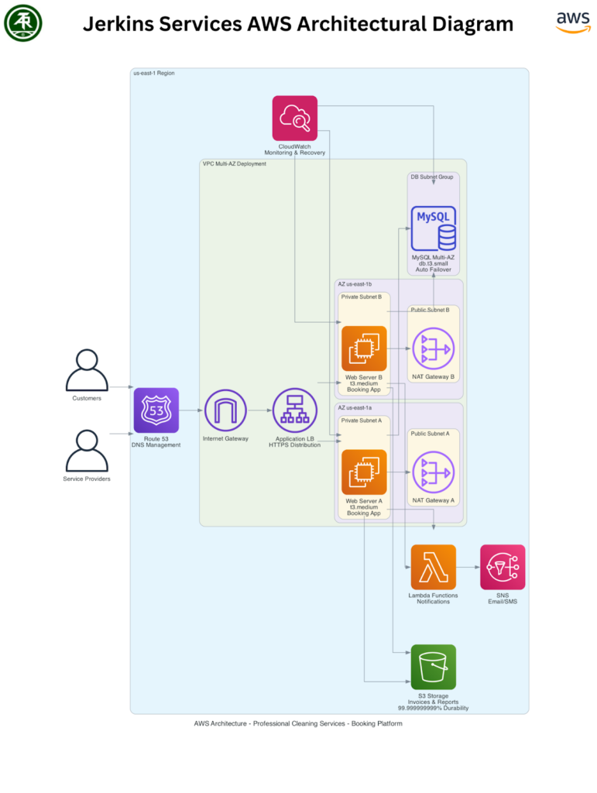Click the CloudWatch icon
tap(294, 118)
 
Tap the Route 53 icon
tap(156, 410)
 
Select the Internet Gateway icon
tap(225, 410)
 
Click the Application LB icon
tap(294, 410)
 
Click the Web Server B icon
tap(364, 348)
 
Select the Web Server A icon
tap(364, 472)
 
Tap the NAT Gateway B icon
tap(433, 348)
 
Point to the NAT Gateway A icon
tap(433, 472)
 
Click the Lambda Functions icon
tap(433, 567)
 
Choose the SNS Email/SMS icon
tap(503, 567)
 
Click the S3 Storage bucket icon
tap(433, 667)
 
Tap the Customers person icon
tap(87, 370)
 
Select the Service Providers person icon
tap(87, 451)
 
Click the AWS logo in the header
tap(572, 22)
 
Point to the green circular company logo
tap(23, 23)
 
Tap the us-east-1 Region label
tap(154, 74)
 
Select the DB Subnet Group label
tap(432, 177)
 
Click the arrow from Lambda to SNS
tap(468, 567)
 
